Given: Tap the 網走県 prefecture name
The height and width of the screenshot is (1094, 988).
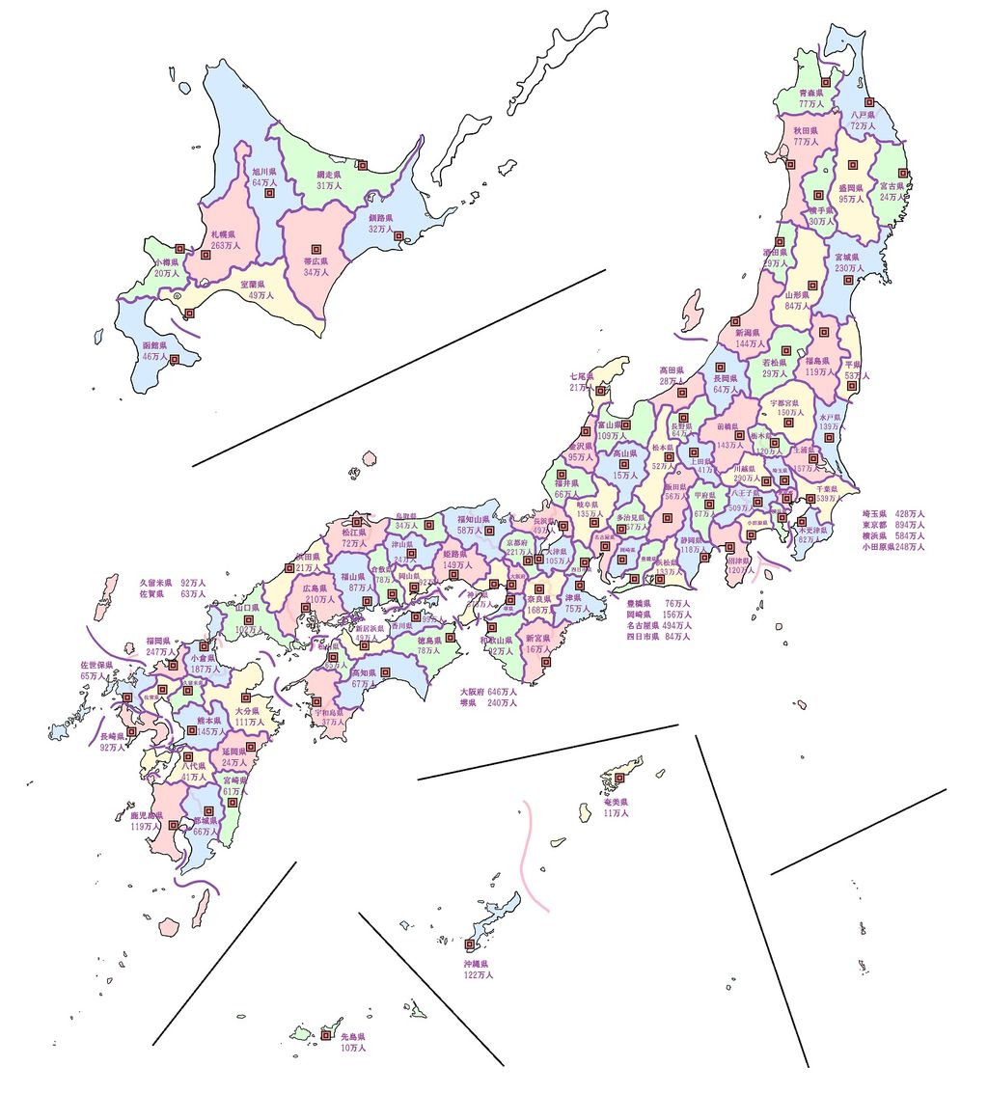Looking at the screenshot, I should tap(331, 175).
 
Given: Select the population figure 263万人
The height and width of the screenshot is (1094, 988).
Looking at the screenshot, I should tap(225, 246).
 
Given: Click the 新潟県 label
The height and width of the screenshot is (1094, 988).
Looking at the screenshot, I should tap(749, 332).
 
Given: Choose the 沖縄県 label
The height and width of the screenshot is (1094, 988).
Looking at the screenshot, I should tap(476, 964).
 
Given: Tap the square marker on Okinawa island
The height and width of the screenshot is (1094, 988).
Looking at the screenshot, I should tap(470, 944).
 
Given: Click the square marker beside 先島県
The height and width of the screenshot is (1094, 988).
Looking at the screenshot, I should tap(326, 1035).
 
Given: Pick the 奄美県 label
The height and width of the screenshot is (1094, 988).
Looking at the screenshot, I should tap(616, 802).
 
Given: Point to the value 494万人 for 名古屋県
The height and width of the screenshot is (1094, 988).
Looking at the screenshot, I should tap(677, 625).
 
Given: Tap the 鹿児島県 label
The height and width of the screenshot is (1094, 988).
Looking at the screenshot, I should tap(146, 815).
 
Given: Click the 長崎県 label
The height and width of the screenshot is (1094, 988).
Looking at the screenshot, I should tap(113, 736).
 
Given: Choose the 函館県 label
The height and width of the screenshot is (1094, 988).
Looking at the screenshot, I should tap(154, 344).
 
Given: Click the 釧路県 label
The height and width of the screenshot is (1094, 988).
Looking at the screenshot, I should tap(382, 218).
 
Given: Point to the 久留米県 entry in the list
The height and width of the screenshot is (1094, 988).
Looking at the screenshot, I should tap(155, 583).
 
